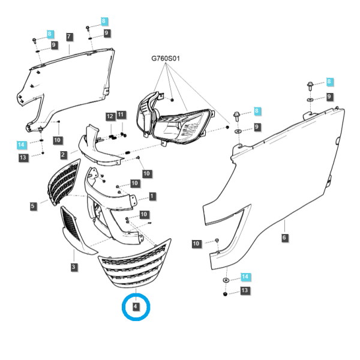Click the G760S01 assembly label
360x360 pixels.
[x=166, y=59]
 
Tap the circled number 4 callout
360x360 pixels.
[x=136, y=306]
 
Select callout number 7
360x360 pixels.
[x=70, y=37]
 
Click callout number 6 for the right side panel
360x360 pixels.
[x=284, y=238]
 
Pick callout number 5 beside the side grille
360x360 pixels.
[x=33, y=206]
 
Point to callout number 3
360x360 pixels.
[x=73, y=267]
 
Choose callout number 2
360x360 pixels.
[x=63, y=155]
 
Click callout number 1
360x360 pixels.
[x=152, y=196]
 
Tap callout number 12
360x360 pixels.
[x=110, y=116]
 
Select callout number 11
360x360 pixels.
[x=121, y=115]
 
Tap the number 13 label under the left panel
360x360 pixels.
[x=23, y=157]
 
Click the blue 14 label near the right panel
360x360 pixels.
[x=245, y=277]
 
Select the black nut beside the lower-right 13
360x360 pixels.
[x=225, y=294]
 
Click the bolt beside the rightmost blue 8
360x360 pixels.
[x=310, y=86]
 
